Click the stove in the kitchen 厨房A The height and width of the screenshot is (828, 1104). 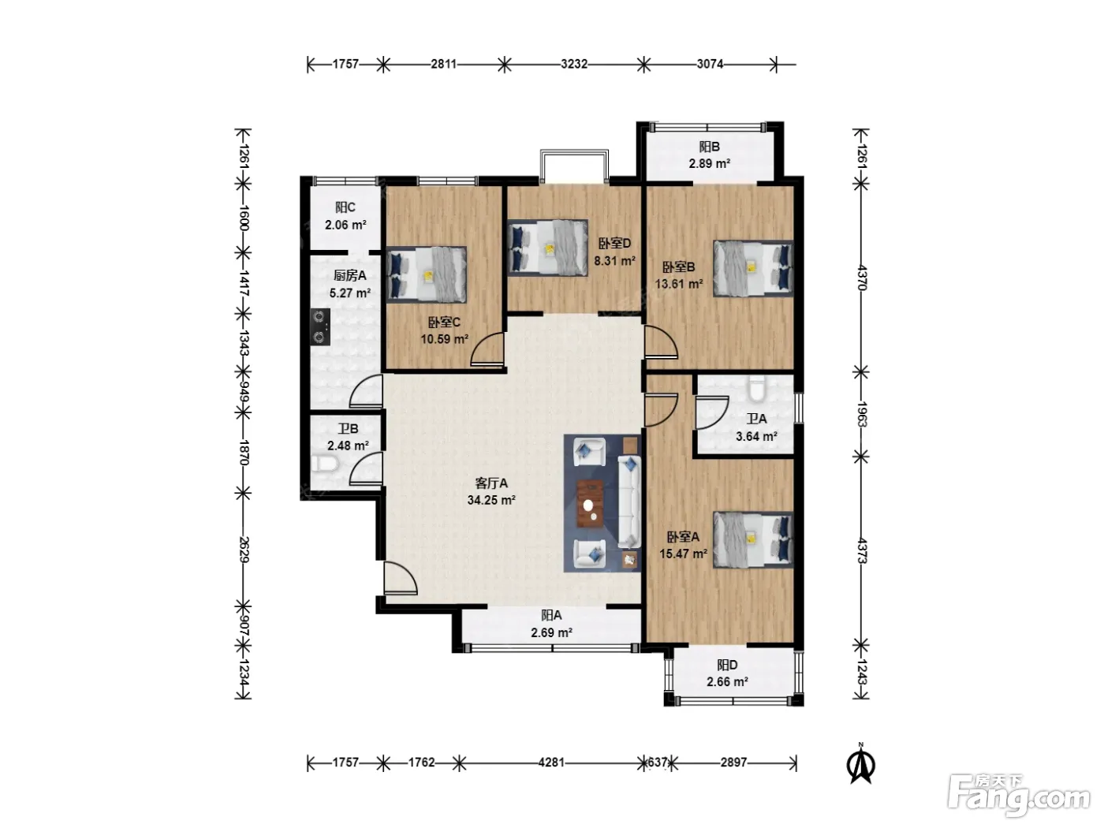pos(320,326)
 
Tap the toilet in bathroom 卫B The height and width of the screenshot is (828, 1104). pos(324,464)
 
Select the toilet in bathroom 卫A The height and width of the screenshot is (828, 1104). pos(755,389)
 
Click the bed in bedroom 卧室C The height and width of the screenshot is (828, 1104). pos(427,274)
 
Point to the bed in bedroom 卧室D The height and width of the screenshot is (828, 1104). pos(548,248)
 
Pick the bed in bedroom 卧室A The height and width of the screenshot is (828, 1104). pos(753,540)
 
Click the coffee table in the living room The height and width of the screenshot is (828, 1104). pos(590,503)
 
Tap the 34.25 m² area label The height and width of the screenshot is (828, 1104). pos(491,500)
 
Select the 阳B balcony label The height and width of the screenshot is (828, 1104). pos(709,147)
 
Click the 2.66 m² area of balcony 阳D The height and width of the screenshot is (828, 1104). pos(727,681)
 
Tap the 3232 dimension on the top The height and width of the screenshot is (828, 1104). pos(574,65)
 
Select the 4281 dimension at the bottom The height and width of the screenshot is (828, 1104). pos(551,763)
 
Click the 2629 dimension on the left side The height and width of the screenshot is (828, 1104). pos(244,549)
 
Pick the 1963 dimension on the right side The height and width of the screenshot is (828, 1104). pos(861,414)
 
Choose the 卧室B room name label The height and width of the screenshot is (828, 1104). pos(678,267)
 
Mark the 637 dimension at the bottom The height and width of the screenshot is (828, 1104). pos(658,763)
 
